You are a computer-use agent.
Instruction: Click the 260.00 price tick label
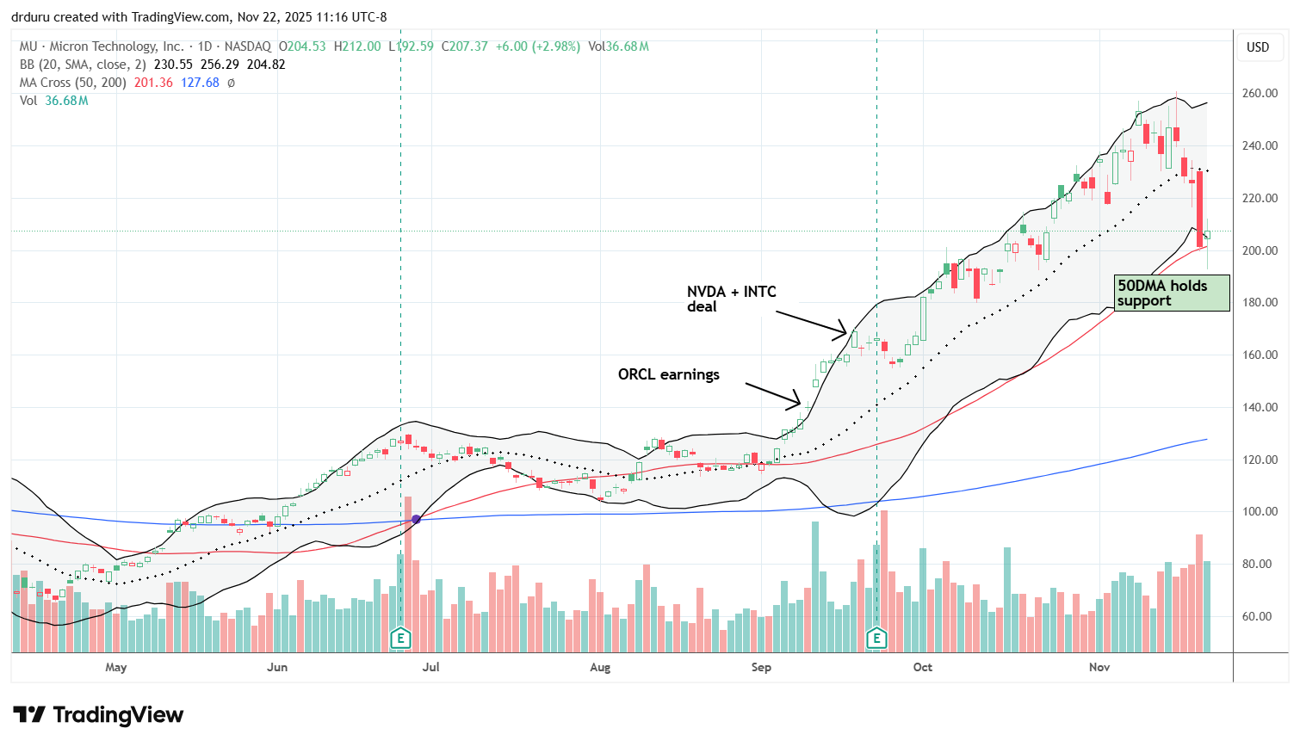(1259, 93)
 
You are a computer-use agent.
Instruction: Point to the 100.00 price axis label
(1259, 512)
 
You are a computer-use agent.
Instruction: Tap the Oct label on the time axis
(922, 667)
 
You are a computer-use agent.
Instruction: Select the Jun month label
(277, 667)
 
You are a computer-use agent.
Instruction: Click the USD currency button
(1258, 47)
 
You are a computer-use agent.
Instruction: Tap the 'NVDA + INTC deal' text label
(731, 299)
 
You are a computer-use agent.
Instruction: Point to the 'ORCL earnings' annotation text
(668, 374)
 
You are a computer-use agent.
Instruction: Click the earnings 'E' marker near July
(400, 638)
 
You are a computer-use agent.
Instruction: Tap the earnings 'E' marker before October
(876, 638)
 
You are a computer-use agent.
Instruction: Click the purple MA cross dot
(417, 519)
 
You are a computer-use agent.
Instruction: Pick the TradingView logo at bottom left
(98, 715)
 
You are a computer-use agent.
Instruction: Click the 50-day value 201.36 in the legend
(154, 83)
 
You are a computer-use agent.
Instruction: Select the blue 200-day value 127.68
(200, 83)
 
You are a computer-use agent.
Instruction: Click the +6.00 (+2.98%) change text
(537, 46)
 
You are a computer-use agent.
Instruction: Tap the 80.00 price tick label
(1259, 565)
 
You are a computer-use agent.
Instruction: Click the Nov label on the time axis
(1099, 667)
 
